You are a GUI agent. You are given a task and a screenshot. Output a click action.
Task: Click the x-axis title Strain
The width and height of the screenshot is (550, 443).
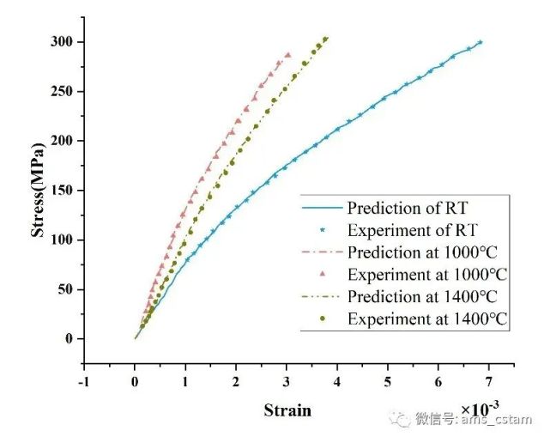coord(287,410)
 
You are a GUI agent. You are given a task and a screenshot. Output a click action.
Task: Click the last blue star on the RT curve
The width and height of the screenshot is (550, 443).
coord(480,42)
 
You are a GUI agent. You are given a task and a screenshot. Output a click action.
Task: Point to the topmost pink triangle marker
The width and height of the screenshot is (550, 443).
coord(288,55)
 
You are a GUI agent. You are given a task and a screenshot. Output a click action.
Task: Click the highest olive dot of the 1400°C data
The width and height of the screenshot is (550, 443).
coord(325,39)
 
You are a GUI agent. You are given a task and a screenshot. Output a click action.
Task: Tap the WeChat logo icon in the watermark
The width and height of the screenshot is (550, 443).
coord(401,419)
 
